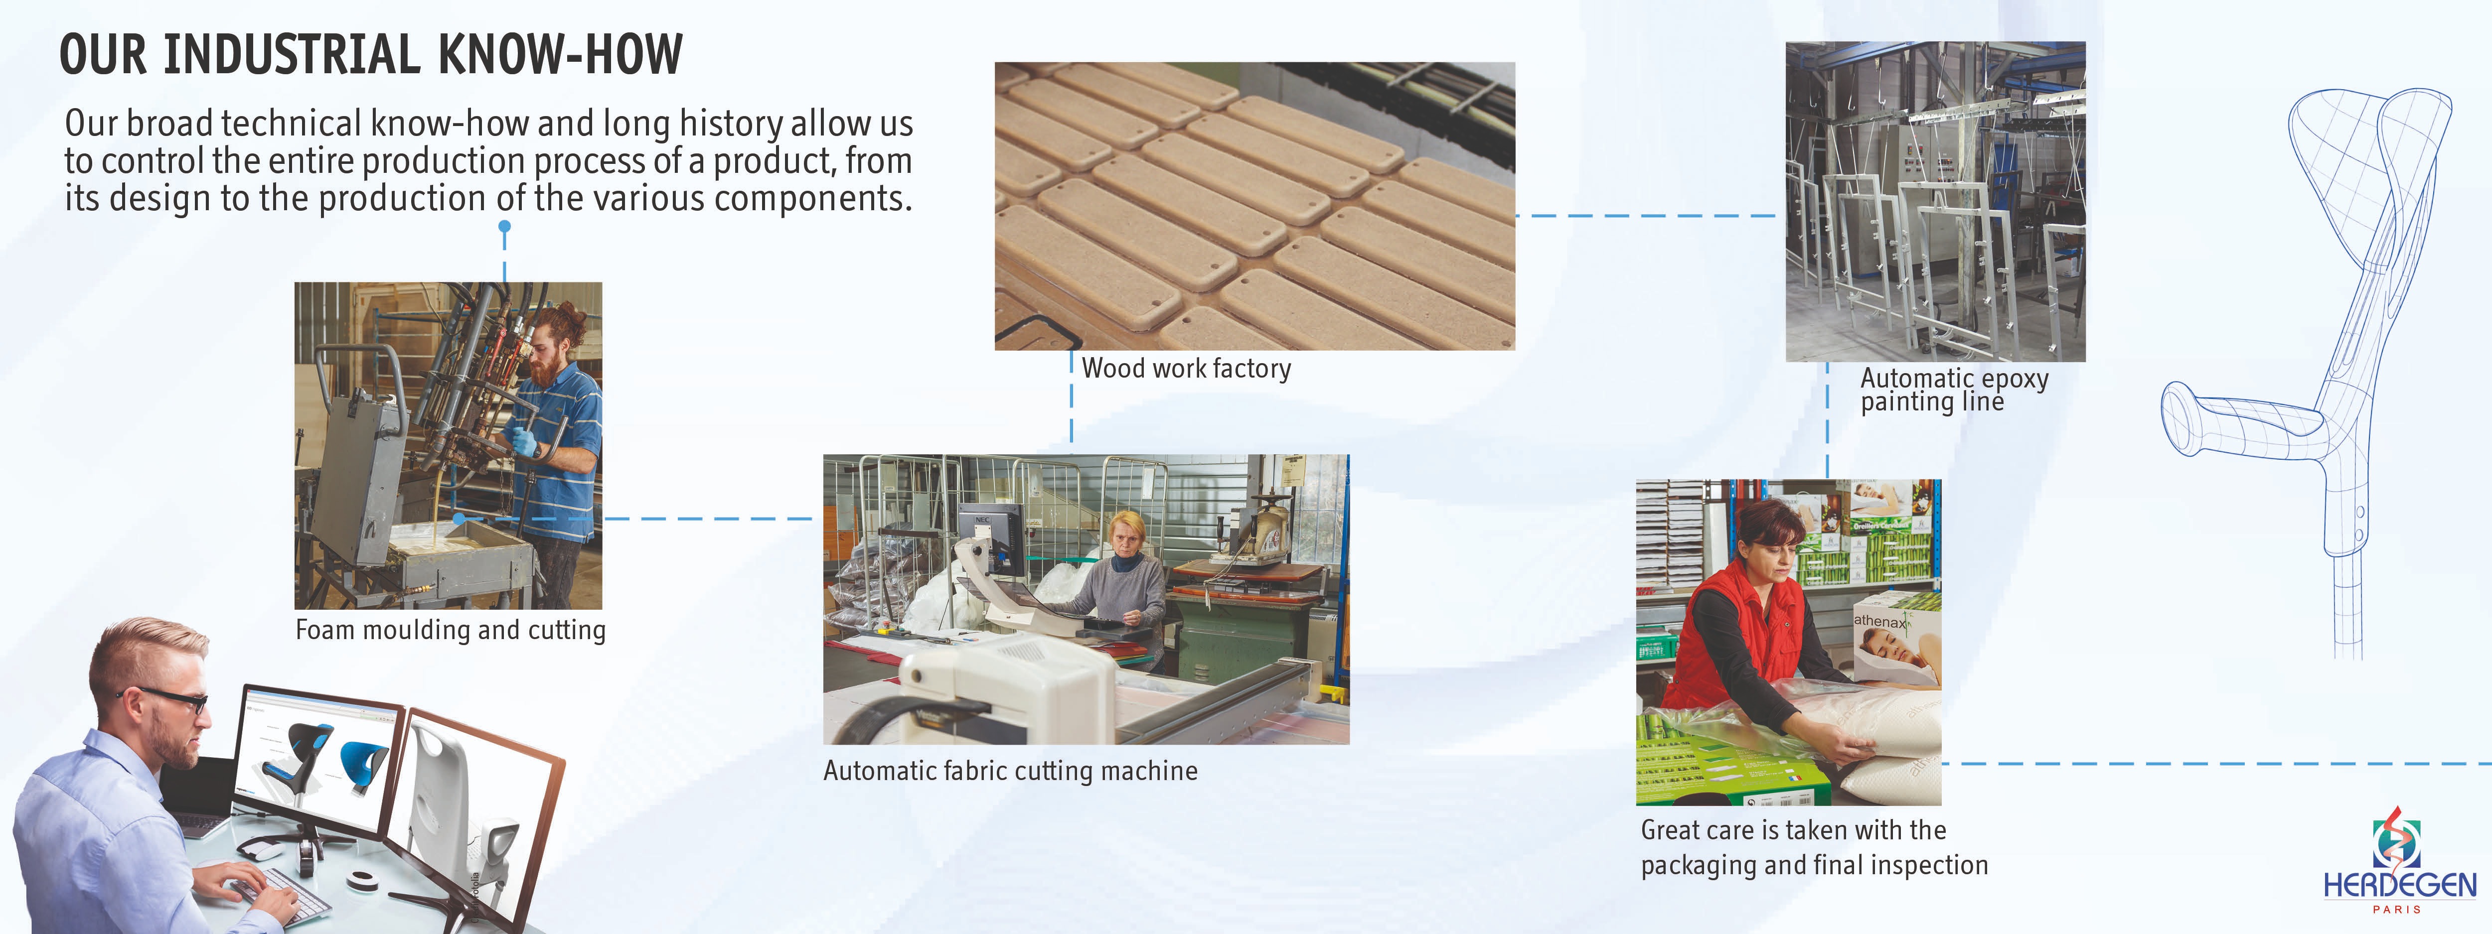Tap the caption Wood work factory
click(1186, 369)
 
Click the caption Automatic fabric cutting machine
click(1010, 771)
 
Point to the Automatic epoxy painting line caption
click(1954, 390)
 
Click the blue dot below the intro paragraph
click(504, 227)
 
